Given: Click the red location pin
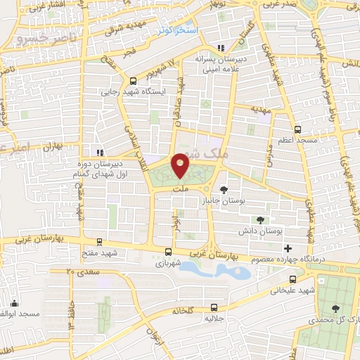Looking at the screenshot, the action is coord(181,165).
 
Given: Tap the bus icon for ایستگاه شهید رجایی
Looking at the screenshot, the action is coord(134,80).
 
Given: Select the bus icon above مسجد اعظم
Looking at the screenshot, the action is coord(297,130).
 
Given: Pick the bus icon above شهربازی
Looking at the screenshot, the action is coord(168,252).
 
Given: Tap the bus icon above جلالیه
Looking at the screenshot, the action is coord(214,307).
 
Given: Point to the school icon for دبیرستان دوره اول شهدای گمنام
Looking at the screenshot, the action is coord(99,153).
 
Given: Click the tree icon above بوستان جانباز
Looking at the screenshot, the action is coord(224,189).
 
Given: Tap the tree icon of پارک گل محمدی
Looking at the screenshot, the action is coord(335,308).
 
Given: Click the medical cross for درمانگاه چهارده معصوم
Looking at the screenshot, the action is coord(287,248).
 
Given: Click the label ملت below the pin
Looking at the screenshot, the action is coord(181,189).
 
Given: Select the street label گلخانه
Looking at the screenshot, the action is coord(179,310).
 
